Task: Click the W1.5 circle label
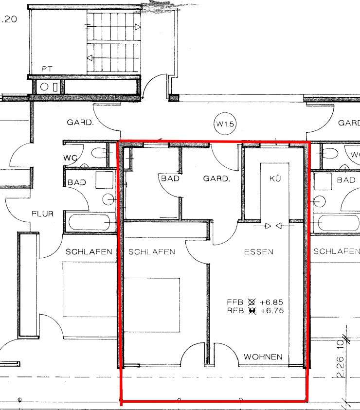pos(225,124)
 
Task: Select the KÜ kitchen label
pos(275,178)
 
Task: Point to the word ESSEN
pos(258,251)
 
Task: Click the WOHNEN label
pos(263,357)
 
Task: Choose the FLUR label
pos(42,214)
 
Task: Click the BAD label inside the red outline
pos(170,178)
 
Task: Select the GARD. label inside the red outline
pos(216,178)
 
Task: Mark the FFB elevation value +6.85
pos(272,301)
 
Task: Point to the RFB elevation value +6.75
pos(272,310)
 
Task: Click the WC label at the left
pos(71,158)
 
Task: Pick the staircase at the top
pos(113,41)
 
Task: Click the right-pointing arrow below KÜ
pos(266,226)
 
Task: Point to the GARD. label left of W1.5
pos(80,123)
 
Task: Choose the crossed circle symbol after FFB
pos(251,301)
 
